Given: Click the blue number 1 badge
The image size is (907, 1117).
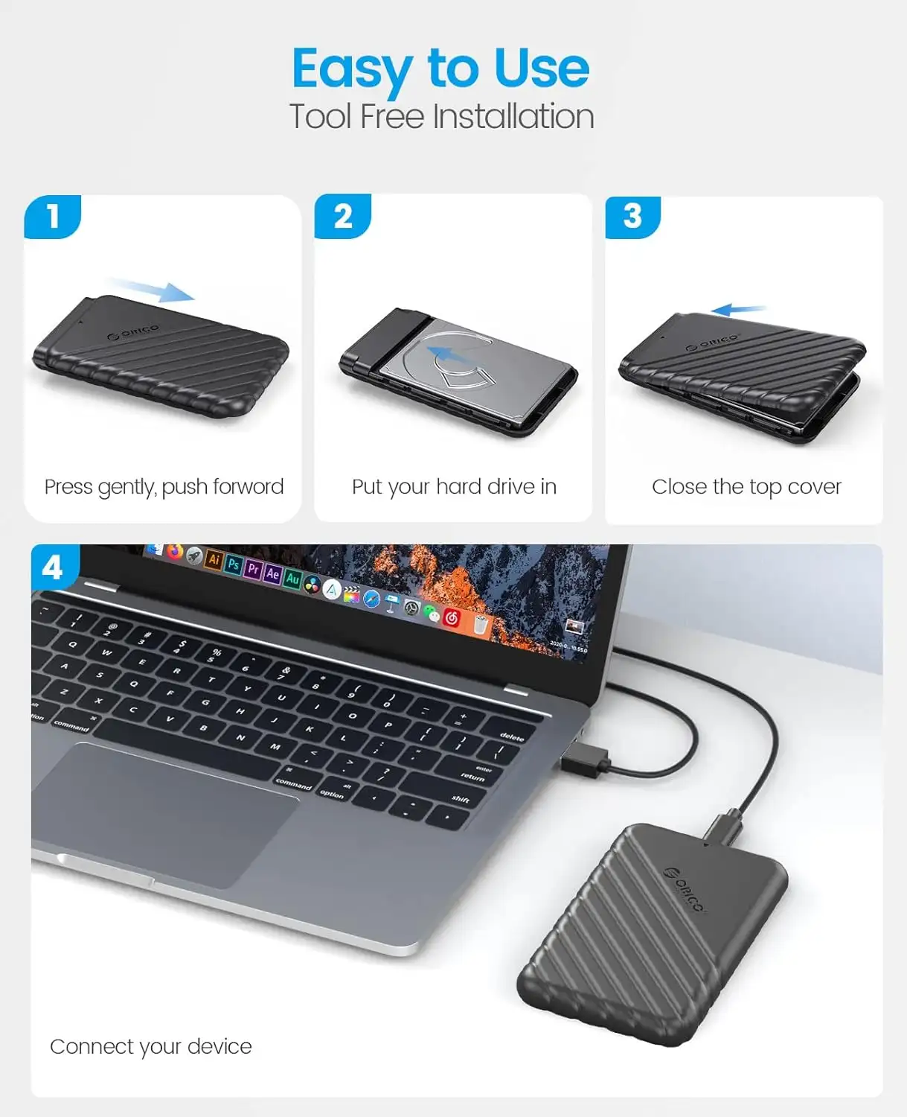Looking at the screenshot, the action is point(52,216).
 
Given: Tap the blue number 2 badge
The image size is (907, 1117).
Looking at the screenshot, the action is point(343,216).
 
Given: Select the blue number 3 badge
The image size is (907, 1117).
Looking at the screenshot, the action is point(633,217).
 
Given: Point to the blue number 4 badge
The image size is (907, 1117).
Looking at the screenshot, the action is point(55,567).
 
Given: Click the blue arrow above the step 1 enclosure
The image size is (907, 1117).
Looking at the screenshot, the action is point(152,290).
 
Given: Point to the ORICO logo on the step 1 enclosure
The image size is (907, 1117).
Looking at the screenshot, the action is point(133,332).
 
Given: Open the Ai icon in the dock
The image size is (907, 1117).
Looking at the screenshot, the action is point(214,559).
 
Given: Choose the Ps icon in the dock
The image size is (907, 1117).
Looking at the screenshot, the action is point(233,564).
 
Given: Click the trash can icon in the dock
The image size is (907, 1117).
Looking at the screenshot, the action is point(480,625).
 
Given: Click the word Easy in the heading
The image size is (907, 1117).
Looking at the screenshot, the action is point(353,69).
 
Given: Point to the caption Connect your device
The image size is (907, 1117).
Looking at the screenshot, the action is point(151,1047).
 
